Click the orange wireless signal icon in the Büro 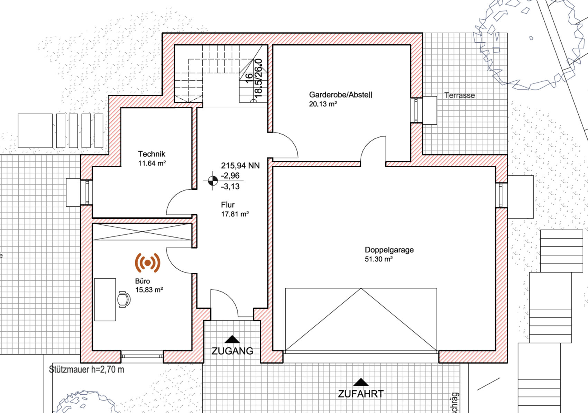148,263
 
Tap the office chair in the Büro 123,299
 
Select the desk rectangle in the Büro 105,299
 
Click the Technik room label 151,154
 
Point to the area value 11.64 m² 152,163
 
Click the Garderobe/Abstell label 340,95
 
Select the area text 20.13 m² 323,104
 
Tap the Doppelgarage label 389,250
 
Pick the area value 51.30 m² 378,259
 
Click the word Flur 228,205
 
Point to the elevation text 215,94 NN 240,165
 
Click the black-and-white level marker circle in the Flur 213,181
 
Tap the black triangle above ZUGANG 232,339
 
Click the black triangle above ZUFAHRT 361,382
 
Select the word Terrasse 459,95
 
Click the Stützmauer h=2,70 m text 86,369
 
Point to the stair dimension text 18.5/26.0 259,78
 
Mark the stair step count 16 249,78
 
